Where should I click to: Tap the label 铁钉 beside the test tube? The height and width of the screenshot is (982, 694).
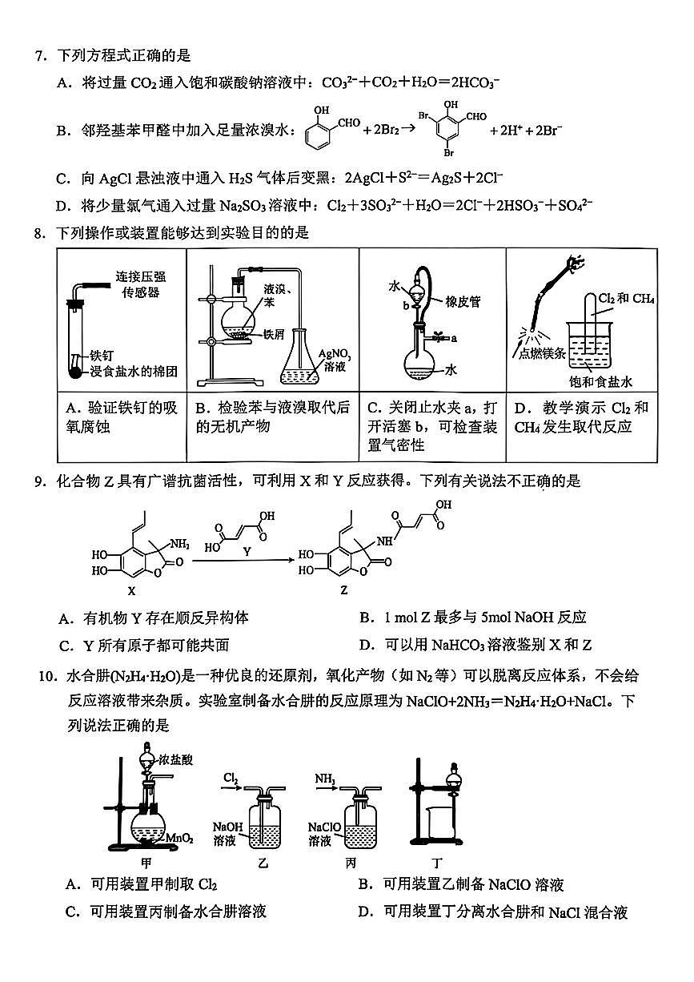101,355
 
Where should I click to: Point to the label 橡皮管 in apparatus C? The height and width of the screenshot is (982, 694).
459,301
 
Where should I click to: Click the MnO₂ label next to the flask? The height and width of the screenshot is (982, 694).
179,838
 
